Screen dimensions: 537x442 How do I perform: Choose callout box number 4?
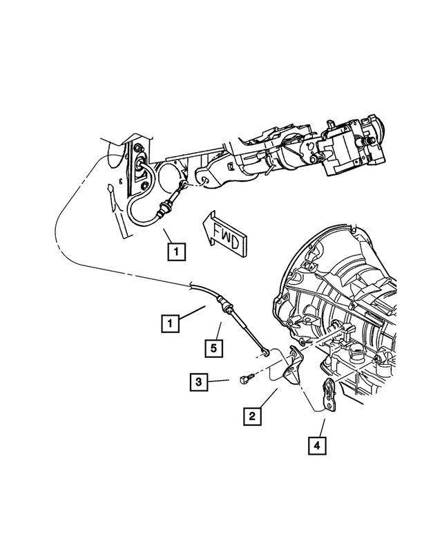click(317, 446)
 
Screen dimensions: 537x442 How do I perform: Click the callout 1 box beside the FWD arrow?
click(176, 252)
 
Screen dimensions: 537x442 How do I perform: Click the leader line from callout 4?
click(321, 426)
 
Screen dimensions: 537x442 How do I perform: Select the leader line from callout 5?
click(219, 330)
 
